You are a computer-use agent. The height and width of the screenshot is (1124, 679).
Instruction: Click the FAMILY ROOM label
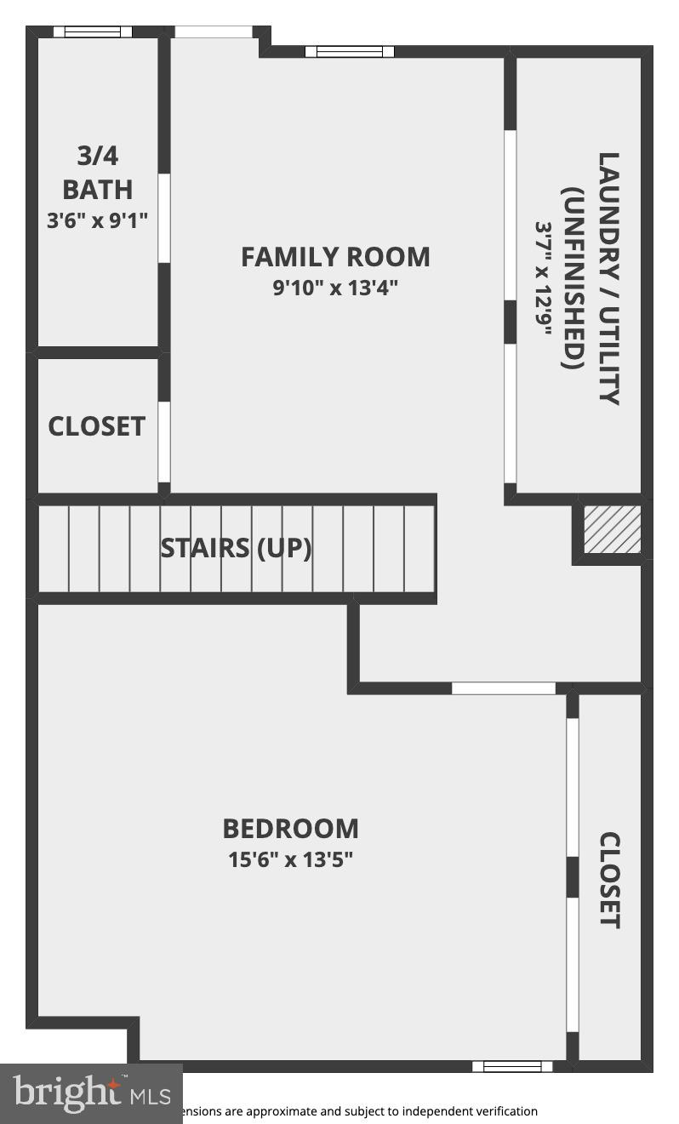[335, 257]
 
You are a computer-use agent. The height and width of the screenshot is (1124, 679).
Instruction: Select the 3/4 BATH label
[98, 172]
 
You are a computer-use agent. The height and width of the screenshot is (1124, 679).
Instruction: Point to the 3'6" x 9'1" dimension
[98, 220]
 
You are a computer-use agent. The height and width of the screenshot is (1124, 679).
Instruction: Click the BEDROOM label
[290, 829]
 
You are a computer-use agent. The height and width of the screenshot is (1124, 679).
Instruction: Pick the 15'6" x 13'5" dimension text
[290, 859]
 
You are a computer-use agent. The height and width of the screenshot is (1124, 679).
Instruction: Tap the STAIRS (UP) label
[236, 548]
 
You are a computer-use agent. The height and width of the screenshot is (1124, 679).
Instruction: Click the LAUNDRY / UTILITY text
[608, 278]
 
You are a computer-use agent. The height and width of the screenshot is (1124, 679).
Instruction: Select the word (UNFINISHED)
[573, 278]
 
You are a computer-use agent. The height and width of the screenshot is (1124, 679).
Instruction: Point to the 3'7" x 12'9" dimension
[544, 278]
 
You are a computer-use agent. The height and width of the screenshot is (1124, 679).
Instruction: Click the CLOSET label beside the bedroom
[610, 880]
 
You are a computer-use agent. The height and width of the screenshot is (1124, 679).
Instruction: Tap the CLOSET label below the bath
[96, 426]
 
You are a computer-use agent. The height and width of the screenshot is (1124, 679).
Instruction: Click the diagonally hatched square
[612, 529]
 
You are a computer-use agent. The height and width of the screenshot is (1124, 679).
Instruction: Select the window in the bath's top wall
[93, 32]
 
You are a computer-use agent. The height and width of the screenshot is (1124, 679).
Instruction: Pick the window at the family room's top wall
[350, 52]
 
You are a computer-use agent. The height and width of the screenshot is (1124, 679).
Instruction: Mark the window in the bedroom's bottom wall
[512, 1066]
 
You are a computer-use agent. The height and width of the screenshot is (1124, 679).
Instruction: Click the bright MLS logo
[91, 1093]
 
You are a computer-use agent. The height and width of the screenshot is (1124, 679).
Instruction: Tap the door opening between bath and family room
[164, 218]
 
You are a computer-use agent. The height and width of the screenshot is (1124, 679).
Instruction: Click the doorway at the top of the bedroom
[503, 688]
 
